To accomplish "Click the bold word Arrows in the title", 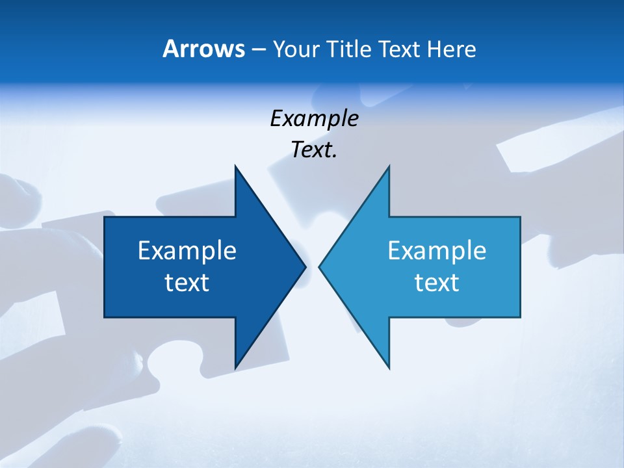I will pos(203,49).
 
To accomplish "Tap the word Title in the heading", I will pos(349,49).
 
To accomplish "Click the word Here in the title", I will pos(451,49).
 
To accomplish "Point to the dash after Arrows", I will pos(258,50).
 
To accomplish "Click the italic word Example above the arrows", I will pos(314,119).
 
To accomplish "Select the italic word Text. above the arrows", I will pos(313,150).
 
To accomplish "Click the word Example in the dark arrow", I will pos(187,250).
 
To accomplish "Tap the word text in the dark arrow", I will pos(187,282).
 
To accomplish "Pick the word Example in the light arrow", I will pos(437,250).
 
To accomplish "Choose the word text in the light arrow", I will pos(437,282).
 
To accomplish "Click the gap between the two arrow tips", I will pos(313,266).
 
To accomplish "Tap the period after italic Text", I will pos(335,157).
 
